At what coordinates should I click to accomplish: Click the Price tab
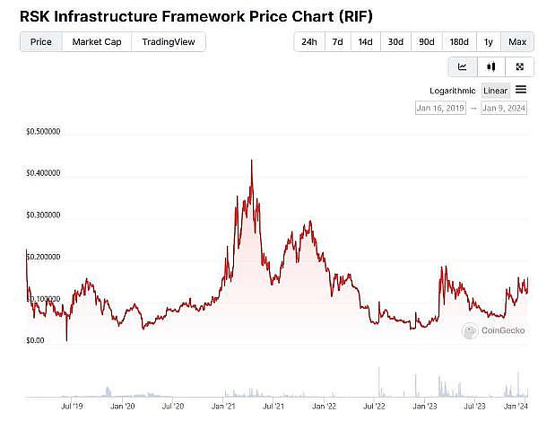click(x=40, y=41)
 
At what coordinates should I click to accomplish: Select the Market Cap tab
click(x=96, y=41)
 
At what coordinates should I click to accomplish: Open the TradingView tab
click(x=168, y=41)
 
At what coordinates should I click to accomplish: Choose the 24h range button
click(x=308, y=42)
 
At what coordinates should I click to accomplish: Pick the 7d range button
click(x=337, y=42)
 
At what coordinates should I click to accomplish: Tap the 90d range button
click(x=426, y=42)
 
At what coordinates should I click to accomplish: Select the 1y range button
click(x=488, y=42)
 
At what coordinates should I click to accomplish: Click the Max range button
click(x=517, y=42)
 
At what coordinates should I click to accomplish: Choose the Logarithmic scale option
click(x=453, y=91)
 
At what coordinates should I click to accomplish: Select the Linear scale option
click(x=496, y=91)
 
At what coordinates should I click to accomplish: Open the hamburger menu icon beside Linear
click(x=521, y=90)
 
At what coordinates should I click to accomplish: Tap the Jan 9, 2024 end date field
click(x=505, y=109)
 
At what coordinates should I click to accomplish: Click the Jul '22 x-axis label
click(x=369, y=406)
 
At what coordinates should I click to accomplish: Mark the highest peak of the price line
click(x=251, y=161)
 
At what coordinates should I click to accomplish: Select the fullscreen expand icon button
click(x=519, y=66)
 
